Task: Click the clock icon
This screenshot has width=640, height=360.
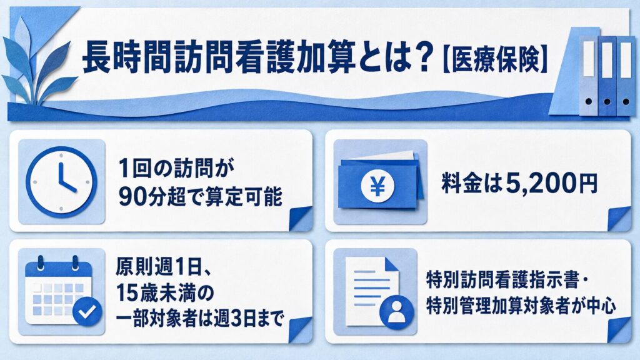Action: pos(62,182)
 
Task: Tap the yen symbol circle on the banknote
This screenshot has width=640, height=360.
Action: pos(377,186)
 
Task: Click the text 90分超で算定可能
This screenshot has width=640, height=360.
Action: pos(201,197)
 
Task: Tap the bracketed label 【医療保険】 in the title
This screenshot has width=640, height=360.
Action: pos(495,60)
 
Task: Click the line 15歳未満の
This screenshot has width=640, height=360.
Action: pos(165,292)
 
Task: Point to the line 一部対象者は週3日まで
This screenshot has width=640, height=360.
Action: pos(199,318)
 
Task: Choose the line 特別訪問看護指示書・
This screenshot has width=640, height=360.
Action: pos(507,281)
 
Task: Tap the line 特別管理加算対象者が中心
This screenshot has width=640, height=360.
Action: pos(521,306)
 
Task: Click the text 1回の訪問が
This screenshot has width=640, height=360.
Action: pos(176,168)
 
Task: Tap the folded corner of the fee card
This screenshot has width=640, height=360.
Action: pos(619,218)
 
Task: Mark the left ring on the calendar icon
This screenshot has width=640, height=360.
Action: pos(40,262)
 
